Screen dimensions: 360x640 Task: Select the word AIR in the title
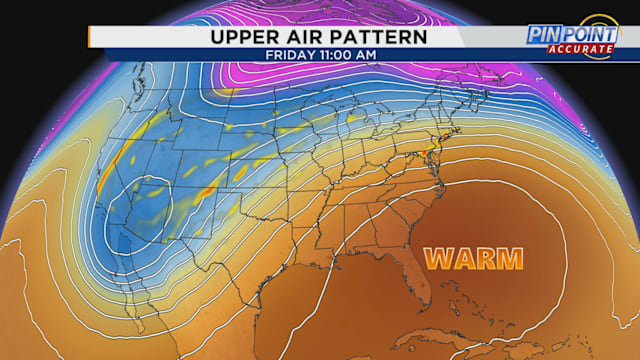307,36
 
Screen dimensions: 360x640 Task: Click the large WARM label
473,258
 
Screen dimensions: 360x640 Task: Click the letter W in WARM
436,258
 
